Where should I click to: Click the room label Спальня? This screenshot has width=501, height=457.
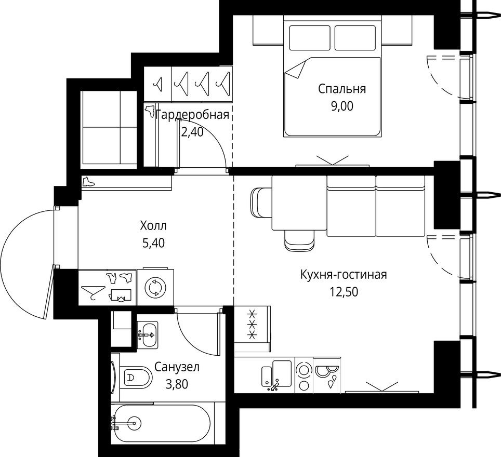342,89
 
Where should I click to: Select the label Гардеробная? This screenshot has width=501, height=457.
192,115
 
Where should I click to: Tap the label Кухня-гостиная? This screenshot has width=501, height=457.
343,274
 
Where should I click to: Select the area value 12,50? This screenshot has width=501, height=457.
343,291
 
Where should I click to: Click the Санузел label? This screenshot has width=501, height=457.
177,368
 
